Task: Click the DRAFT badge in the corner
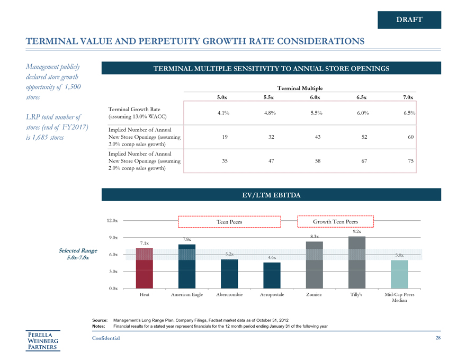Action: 409,20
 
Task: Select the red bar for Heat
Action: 145,268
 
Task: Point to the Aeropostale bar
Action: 272,275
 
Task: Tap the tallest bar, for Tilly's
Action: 356,262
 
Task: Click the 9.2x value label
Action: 356,231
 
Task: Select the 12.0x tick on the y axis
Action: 112,220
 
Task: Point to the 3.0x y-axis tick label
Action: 112,272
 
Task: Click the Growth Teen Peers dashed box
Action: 336,221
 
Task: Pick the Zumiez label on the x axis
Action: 314,294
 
